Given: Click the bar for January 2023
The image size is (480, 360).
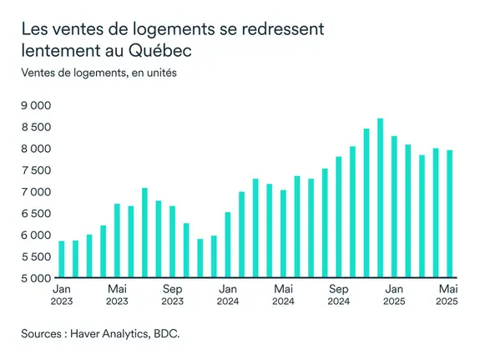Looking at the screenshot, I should pos(61,259).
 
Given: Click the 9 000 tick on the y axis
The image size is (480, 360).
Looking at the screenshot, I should pos(35,105).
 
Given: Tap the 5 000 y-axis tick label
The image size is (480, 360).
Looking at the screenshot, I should pos(35,278).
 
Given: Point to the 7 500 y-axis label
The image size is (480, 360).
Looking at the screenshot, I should pos(35,170).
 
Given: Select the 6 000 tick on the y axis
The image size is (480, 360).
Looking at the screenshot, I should pos(35,235).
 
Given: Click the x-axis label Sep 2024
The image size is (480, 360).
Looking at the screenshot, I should pos(338,295).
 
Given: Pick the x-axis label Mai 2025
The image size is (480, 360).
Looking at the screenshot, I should pos(449,295).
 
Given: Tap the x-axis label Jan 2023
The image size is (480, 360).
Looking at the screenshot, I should pos(61,295).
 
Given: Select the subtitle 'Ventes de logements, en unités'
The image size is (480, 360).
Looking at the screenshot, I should pos(99,73).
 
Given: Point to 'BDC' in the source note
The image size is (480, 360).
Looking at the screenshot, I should pos(164,333).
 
